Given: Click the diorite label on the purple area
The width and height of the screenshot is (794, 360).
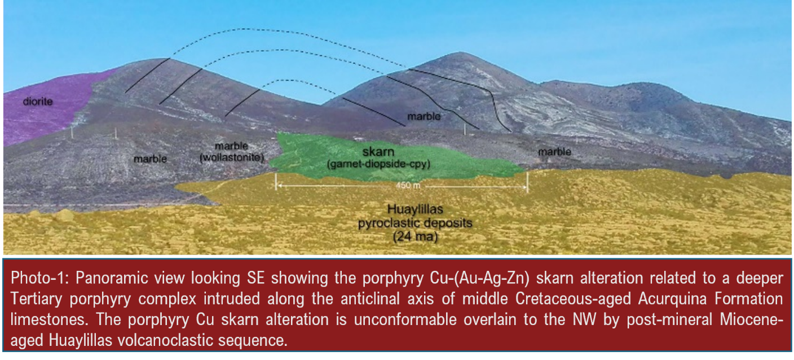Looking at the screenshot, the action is tap(38, 102).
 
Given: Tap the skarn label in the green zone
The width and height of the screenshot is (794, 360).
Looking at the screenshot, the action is tap(378, 152).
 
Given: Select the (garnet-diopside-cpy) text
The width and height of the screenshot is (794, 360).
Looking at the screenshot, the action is tap(378, 164).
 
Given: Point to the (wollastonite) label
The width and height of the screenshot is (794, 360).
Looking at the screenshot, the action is tap(232, 157).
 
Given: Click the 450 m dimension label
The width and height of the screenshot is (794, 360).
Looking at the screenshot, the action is tap(408, 185).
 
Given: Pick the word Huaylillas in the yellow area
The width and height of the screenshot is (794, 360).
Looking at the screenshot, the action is tap(415, 209).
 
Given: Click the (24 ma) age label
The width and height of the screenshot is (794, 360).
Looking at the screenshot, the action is tap(415, 236).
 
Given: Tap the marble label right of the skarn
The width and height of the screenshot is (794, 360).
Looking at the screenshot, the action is tap(555, 152).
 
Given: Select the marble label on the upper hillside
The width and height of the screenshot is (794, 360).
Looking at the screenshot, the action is tap(424, 116).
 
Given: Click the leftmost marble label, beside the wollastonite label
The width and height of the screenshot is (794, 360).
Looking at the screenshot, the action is tap(151, 159).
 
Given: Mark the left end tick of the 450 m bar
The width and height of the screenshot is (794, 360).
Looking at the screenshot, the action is tap(276, 181).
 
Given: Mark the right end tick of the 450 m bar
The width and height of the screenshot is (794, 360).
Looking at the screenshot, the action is tap(527, 182).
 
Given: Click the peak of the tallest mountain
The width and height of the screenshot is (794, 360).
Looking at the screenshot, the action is tap(460, 52).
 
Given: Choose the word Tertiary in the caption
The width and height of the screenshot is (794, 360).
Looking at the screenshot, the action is tap(36, 299).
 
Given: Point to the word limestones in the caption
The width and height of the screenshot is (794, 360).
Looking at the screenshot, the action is tap(49, 319).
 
